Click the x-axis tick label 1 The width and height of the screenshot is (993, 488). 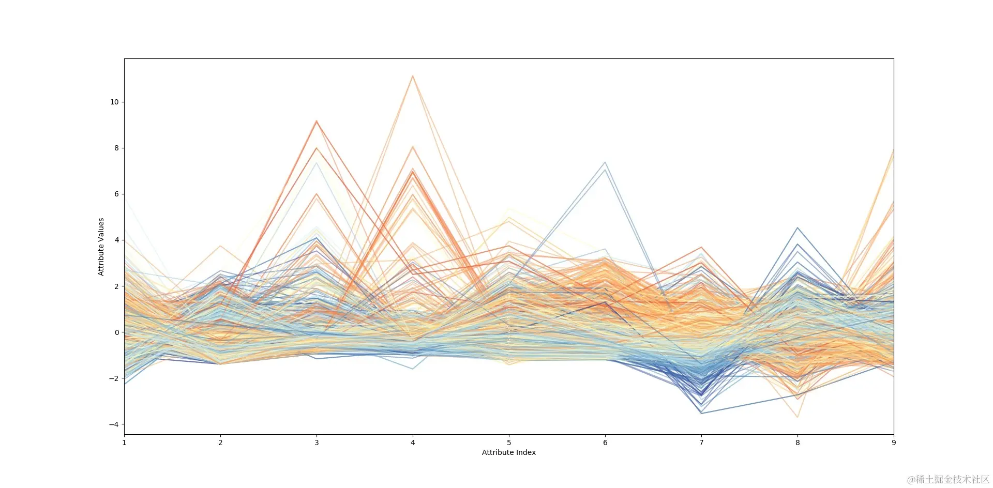124,443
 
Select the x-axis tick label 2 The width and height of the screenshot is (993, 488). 220,443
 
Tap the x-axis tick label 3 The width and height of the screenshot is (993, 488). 317,443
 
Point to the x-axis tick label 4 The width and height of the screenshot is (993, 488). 413,443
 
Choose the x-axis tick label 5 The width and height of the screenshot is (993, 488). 509,443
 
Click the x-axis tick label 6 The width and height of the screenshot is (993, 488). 605,443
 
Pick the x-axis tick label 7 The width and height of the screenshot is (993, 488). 701,443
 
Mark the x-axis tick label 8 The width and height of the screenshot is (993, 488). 798,443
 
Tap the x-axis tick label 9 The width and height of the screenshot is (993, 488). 894,443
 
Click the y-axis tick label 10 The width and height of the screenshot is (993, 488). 114,102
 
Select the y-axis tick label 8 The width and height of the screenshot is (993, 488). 116,148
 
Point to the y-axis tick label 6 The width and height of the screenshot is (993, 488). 116,194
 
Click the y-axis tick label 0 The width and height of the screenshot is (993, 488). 116,332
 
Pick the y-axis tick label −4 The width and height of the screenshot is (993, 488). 114,424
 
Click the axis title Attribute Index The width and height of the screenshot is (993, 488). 509,452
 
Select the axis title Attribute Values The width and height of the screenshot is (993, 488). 101,247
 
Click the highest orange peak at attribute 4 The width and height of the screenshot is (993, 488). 413,76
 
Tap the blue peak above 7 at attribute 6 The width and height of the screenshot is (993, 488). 605,162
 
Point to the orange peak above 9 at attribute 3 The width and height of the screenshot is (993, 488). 317,120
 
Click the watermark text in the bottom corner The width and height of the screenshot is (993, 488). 948,480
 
